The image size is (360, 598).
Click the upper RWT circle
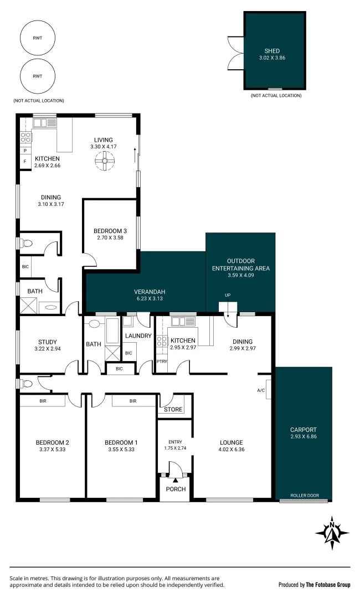pyautogui.click(x=37, y=38)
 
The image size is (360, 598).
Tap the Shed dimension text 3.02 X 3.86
pyautogui.click(x=275, y=58)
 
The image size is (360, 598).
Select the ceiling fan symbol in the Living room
pyautogui.click(x=103, y=162)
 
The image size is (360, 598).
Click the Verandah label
pyautogui.click(x=150, y=292)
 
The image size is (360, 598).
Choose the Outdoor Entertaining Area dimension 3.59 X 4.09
pyautogui.click(x=240, y=275)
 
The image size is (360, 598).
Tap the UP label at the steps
pyautogui.click(x=227, y=295)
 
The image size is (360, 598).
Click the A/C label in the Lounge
pyautogui.click(x=260, y=390)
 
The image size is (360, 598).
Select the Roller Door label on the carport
pyautogui.click(x=305, y=496)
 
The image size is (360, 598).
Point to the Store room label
pyautogui.click(x=173, y=410)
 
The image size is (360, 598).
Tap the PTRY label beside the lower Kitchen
pyautogui.click(x=161, y=362)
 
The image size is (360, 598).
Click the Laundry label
pyautogui.click(x=138, y=336)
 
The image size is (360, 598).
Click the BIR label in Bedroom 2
pyautogui.click(x=43, y=401)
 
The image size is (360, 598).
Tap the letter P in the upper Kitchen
pyautogui.click(x=25, y=151)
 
